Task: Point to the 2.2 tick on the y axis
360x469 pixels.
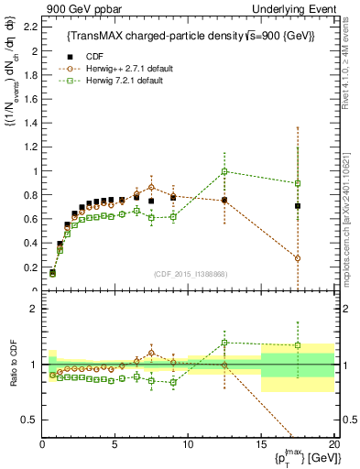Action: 30,27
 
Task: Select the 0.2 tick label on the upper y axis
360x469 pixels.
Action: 30,267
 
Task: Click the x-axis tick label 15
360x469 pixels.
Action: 261,445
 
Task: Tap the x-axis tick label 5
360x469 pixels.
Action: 115,445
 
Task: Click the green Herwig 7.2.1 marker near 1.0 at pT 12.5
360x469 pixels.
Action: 224,171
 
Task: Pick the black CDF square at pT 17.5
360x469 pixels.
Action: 298,206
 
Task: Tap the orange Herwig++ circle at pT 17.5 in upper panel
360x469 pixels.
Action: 298,258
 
